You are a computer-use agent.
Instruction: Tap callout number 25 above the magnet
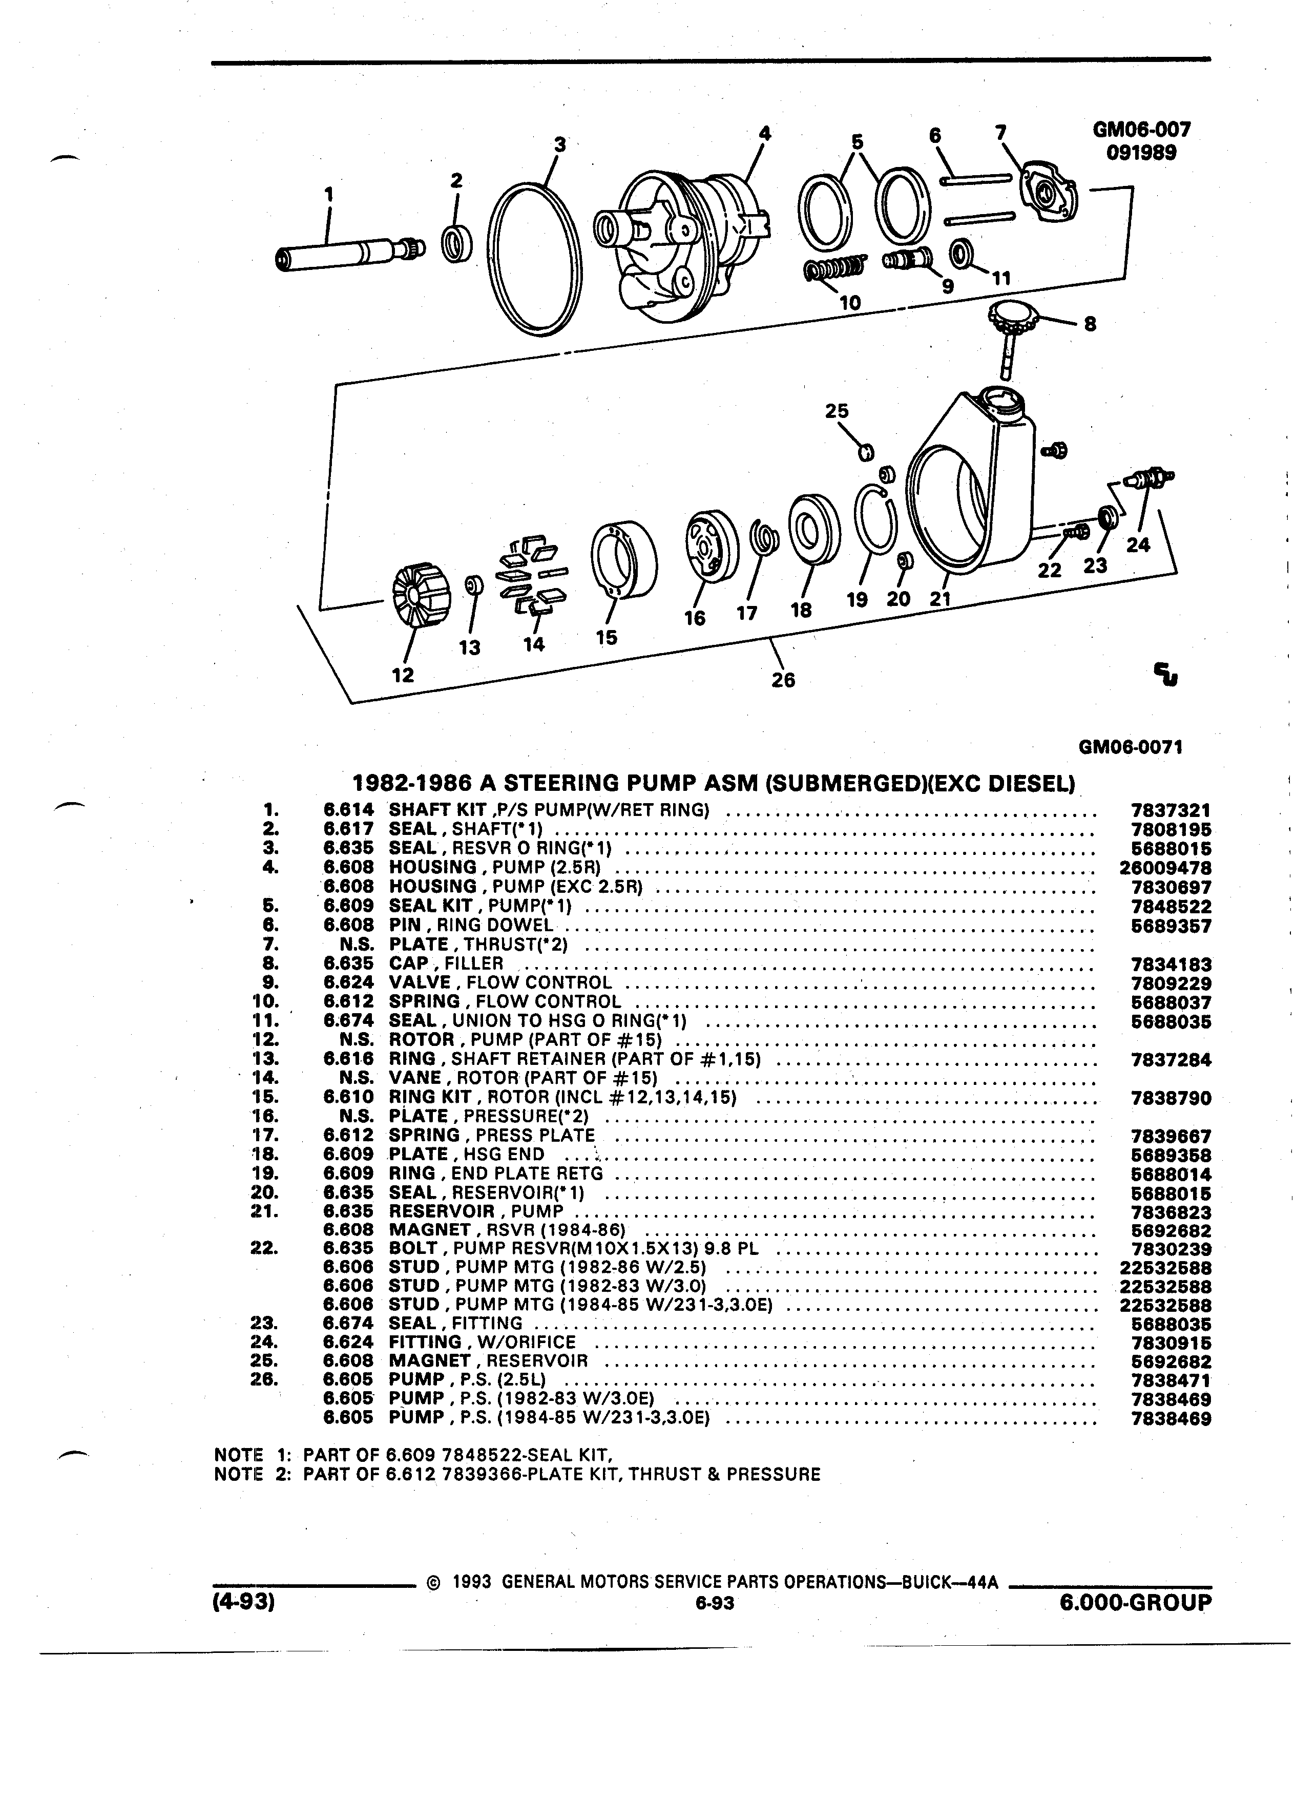point(837,411)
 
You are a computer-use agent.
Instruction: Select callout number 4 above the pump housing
point(765,134)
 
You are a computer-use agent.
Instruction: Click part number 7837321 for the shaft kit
point(1170,810)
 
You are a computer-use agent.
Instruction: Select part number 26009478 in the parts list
point(1164,868)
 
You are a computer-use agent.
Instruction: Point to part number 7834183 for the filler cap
point(1170,965)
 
